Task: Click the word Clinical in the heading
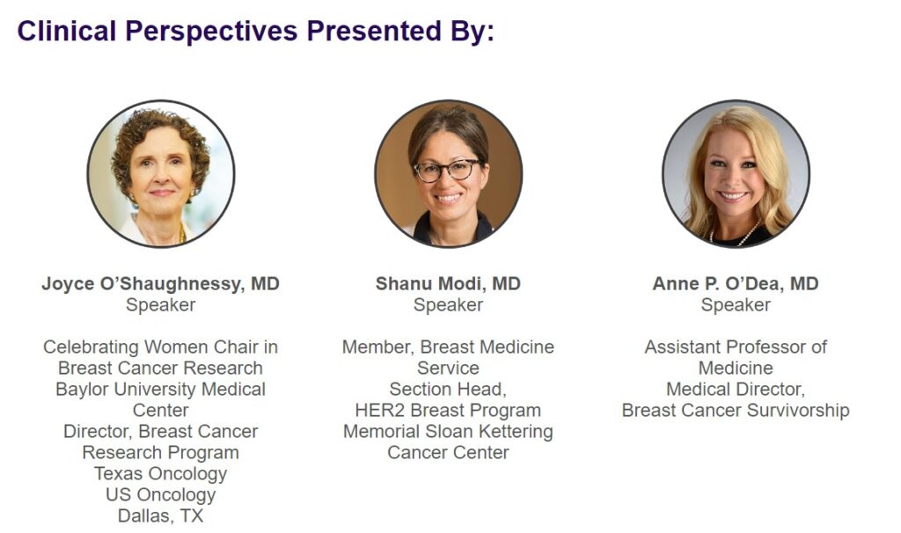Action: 67,31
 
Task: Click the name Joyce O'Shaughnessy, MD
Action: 160,284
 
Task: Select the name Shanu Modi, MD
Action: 448,284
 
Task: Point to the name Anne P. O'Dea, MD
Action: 736,284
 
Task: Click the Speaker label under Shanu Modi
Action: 448,305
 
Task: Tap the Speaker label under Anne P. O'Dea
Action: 736,305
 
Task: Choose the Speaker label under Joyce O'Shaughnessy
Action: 161,305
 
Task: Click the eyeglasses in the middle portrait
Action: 446,170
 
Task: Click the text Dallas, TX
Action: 161,515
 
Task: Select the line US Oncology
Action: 161,495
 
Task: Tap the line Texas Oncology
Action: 161,474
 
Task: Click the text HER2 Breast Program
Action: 448,411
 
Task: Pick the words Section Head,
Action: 448,390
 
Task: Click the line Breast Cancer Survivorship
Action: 736,411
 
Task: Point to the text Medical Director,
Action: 736,390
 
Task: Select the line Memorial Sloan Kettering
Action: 448,432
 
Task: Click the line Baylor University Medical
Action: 161,390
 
